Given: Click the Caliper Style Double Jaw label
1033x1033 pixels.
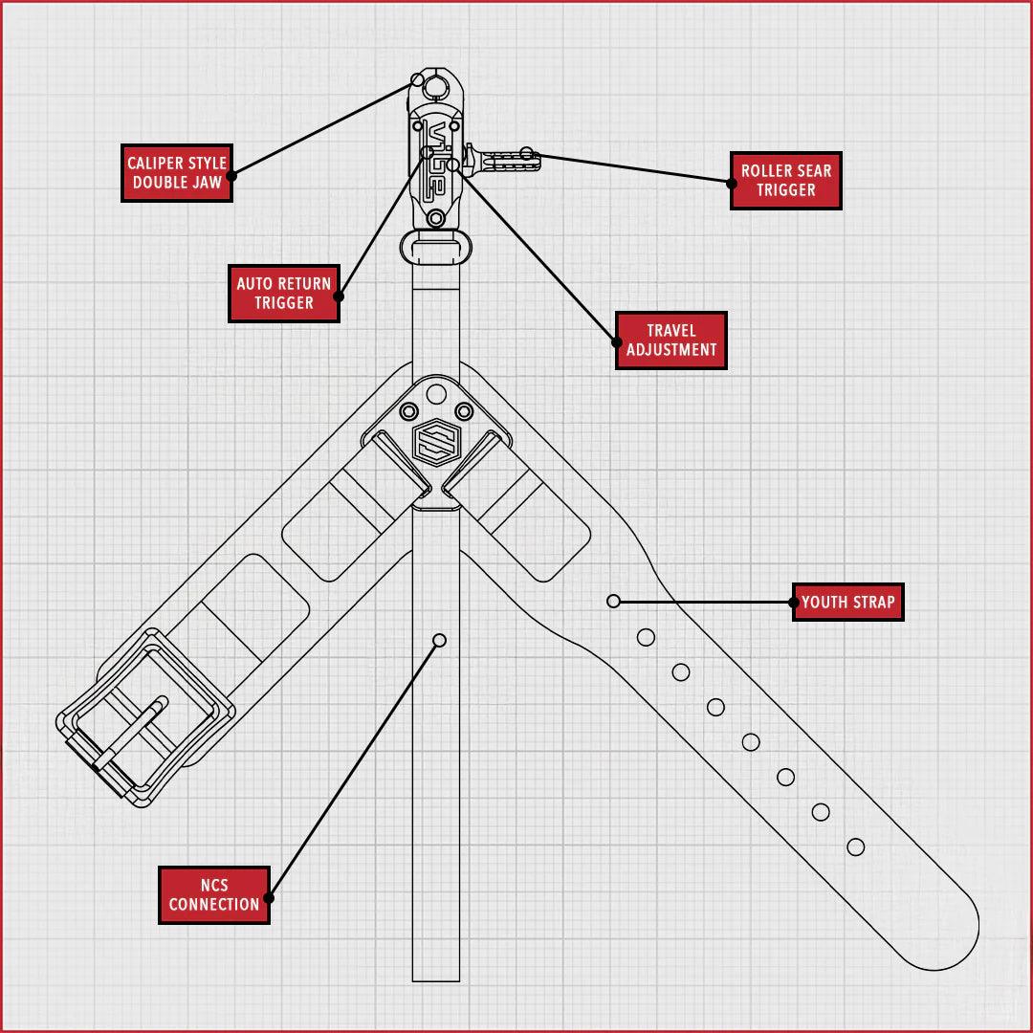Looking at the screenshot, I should tap(177, 173).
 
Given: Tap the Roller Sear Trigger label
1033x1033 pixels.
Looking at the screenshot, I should tap(785, 181).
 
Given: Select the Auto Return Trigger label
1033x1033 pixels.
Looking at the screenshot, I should tap(284, 293).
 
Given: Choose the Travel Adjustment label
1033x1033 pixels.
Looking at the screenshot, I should tap(671, 341).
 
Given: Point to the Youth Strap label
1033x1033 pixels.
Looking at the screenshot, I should tap(848, 603).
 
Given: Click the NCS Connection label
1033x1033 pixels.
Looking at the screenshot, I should tap(214, 895).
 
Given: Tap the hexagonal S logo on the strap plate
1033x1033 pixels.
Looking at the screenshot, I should tap(436, 442).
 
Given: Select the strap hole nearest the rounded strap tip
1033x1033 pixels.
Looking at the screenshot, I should tap(856, 846).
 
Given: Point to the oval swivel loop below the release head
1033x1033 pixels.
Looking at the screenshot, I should tap(436, 246).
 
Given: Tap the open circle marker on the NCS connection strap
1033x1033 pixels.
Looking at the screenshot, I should tap(439, 640).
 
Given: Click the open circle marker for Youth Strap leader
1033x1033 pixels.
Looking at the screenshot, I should tap(614, 601).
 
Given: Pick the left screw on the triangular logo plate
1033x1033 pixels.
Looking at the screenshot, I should tap(408, 411).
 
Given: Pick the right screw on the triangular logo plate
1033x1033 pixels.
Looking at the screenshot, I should tap(464, 411).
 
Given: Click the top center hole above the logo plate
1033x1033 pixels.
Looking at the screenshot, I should tap(436, 392).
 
